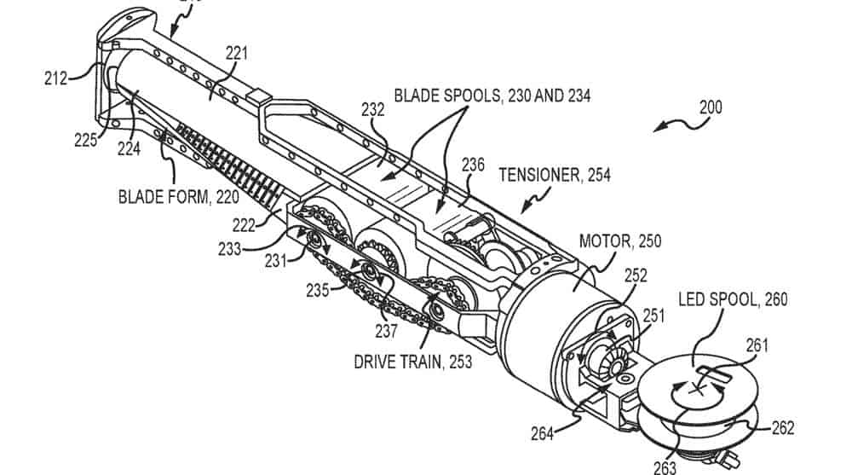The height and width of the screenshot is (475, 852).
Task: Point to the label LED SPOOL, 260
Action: pyautogui.click(x=733, y=299)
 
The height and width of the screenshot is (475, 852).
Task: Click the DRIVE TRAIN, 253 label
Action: pyautogui.click(x=412, y=361)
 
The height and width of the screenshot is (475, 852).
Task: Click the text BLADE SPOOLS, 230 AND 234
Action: pyautogui.click(x=490, y=96)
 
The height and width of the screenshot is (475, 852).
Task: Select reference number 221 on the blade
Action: pyautogui.click(x=236, y=53)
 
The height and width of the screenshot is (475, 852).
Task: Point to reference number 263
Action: pyautogui.click(x=664, y=466)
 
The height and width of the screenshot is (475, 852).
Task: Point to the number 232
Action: pyautogui.click(x=372, y=110)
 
